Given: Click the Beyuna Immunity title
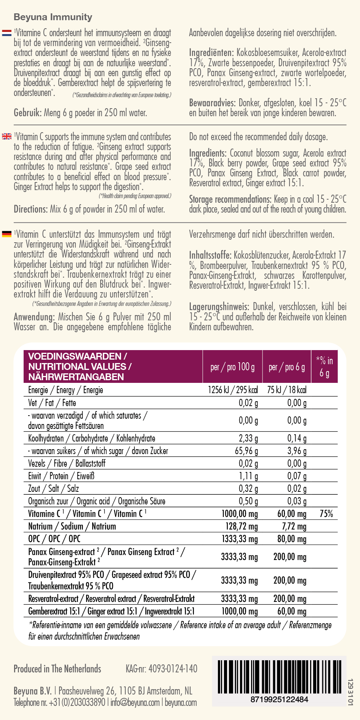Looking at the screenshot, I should pos(53,17).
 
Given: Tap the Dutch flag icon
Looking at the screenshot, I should pos(7,33).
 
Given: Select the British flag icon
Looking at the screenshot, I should pos(7,136).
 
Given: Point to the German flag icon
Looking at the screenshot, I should pos(7,234).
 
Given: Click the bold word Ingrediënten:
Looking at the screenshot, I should pos(211,53).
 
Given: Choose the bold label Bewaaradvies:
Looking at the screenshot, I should pos(212,103).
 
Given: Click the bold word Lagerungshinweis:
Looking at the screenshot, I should pos(219,307).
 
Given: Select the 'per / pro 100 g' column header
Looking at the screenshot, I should pos(232,367).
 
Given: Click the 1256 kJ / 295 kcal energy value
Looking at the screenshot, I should pos(233,390).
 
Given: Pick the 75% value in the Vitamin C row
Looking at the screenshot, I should pos(326,514).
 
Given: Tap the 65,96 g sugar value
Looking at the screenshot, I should pos(246,451).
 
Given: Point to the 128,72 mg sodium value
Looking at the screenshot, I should pos(242,526).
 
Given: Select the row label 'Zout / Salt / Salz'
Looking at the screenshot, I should pos(53,489).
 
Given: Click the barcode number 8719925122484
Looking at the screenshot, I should pos(279,699).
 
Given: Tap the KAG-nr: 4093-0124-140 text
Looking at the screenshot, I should pos(162,669).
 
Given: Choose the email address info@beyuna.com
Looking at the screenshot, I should pos(135,702).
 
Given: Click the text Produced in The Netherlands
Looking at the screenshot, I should pos(58,669).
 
